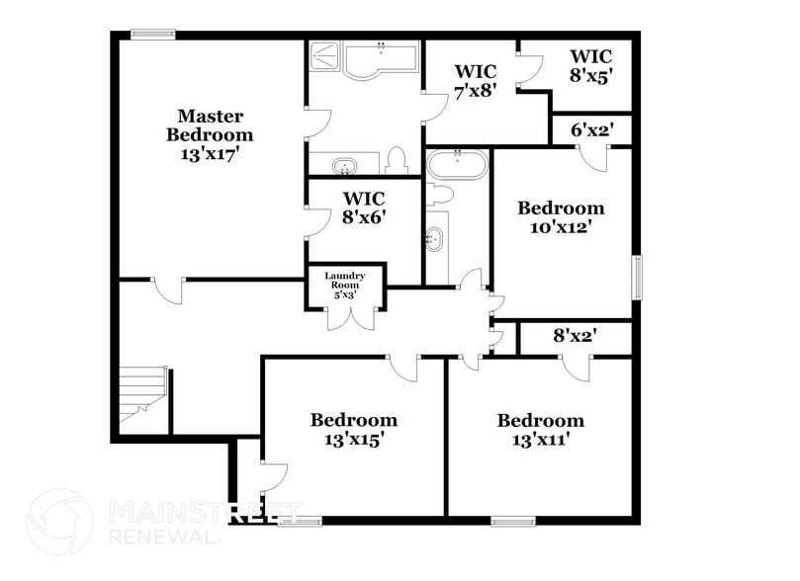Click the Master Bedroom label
point(209,124)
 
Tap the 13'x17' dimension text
point(209,154)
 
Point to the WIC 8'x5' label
point(590,64)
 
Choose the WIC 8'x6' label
point(363,207)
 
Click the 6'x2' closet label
point(590,128)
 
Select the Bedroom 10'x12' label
point(561,216)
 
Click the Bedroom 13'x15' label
point(353,429)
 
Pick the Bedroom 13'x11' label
point(540,429)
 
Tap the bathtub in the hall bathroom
point(456,162)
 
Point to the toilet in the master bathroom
point(397,160)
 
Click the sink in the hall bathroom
point(434,237)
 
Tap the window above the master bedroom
point(153,35)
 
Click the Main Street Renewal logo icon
point(59,521)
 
